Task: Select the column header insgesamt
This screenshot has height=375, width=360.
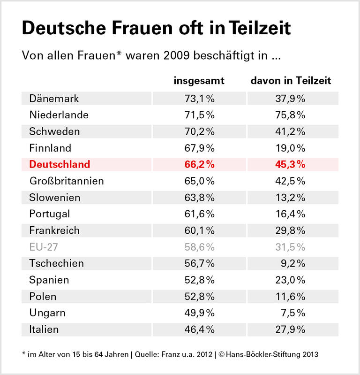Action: tap(199, 81)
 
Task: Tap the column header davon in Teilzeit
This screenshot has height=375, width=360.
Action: tap(291, 81)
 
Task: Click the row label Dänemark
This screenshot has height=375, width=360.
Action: tap(54, 99)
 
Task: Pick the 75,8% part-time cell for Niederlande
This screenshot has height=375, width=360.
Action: tap(291, 115)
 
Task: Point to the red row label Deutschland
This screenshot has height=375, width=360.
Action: tap(60, 164)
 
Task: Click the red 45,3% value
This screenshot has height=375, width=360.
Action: tap(291, 164)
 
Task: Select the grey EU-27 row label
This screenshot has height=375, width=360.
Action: tap(44, 247)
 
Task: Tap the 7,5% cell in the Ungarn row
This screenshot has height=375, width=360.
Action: tap(294, 313)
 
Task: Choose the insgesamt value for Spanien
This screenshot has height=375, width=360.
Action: tap(199, 280)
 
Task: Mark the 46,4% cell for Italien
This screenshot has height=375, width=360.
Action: tap(199, 329)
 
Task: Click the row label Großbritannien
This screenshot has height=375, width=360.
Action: tap(66, 181)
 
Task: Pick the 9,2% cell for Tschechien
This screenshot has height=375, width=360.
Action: tap(294, 263)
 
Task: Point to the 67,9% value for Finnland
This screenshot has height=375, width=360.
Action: tap(199, 148)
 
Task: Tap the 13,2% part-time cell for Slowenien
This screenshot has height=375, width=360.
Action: tap(291, 198)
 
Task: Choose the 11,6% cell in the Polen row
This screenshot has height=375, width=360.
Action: tap(291, 296)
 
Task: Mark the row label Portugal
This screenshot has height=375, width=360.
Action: tap(49, 214)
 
